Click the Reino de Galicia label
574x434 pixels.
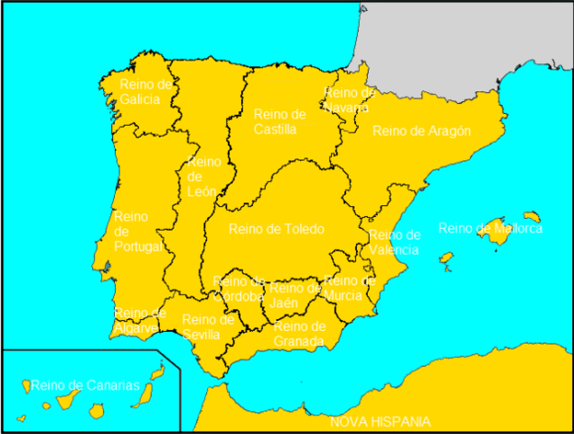tap(146, 91)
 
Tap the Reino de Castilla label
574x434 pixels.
tap(280, 121)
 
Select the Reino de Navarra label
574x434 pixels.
tap(349, 99)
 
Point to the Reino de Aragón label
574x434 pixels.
tap(421, 131)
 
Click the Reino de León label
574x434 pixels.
tap(203, 176)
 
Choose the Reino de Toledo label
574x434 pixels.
tap(277, 229)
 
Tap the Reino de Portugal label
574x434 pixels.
tap(136, 231)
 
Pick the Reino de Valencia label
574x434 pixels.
tap(394, 242)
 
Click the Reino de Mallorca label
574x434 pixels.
tap(490, 228)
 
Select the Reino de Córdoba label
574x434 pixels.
tap(240, 288)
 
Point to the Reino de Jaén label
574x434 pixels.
tap(295, 295)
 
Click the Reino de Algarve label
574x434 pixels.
tap(140, 321)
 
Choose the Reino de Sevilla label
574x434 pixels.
tap(207, 326)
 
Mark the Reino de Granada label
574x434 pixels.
tap(299, 334)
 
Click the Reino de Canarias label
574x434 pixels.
tap(86, 385)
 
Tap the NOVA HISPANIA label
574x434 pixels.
tap(380, 421)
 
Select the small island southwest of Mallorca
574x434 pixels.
tap(445, 260)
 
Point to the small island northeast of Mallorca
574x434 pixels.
tap(532, 217)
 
